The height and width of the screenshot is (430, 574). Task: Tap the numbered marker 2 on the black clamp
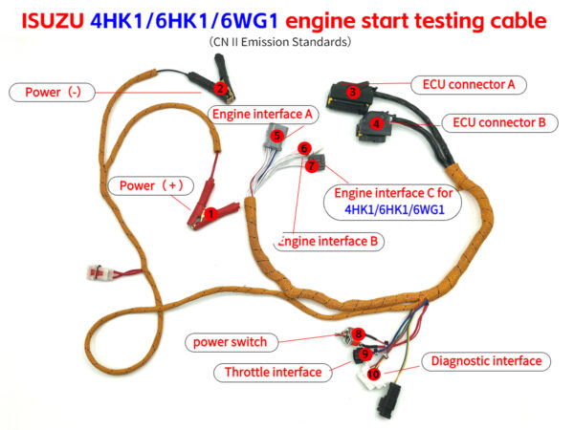pos(219,90)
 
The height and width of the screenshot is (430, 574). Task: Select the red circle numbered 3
pos(353,93)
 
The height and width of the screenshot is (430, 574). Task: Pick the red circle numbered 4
pos(377,123)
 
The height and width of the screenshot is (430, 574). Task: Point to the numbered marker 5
pos(276,136)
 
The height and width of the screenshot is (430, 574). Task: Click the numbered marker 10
pos(373,374)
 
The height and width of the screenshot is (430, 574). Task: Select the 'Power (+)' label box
pos(145,184)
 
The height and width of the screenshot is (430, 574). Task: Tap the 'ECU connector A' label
pos(469,84)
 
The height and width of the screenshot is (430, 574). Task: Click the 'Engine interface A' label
pos(263,114)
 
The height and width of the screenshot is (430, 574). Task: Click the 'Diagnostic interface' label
pos(486,361)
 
